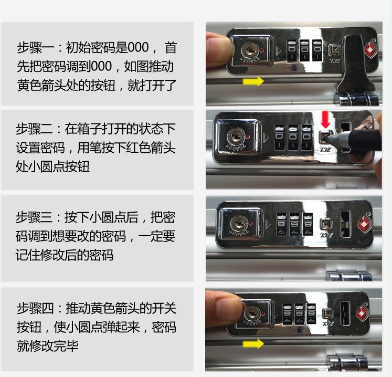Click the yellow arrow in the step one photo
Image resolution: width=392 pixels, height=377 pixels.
point(253,82)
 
